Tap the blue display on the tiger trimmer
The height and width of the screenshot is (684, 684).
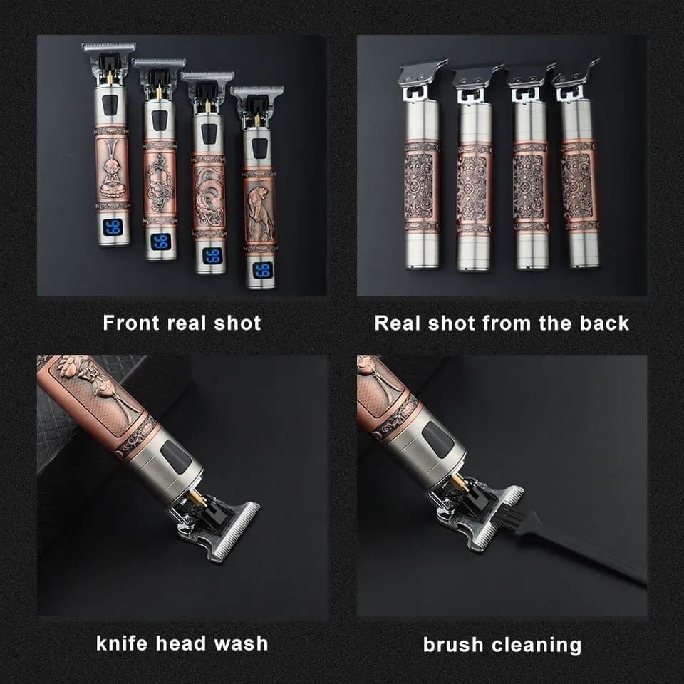[x=263, y=271]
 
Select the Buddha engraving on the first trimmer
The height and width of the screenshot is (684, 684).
[x=113, y=168]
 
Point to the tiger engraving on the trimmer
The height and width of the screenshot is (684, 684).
[x=260, y=211]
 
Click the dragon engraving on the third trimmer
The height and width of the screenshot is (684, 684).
[x=209, y=197]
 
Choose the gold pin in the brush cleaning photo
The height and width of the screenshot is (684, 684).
[x=460, y=483]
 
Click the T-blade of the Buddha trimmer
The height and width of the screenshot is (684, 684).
[x=108, y=47]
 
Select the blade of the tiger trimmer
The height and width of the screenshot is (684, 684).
[x=257, y=91]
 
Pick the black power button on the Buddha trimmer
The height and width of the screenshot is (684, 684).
[x=110, y=105]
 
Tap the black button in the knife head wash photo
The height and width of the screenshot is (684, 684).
[x=177, y=456]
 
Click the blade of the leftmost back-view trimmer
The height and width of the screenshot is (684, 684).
[x=423, y=71]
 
